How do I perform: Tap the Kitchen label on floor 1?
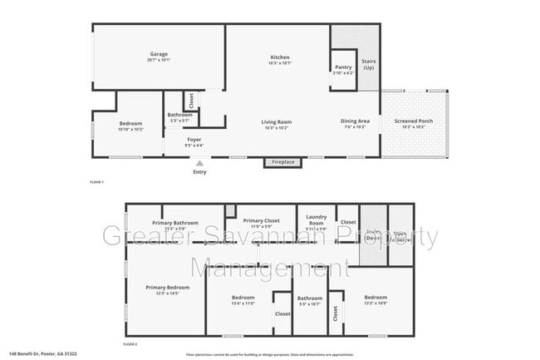coord(279,57)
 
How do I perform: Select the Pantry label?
coord(343,67)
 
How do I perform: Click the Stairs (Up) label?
coord(368,64)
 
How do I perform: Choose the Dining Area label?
coord(355,122)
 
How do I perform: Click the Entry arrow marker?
coord(199,164)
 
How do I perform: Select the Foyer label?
coord(194,139)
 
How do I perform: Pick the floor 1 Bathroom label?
coord(179,115)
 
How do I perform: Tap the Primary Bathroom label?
coord(175,222)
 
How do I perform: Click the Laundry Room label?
coord(317,219)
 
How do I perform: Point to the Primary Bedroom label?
coord(168,288)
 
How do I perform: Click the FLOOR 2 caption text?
coord(130,343)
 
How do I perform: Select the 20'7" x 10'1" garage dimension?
coord(159,60)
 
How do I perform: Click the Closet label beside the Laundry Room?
coord(348,222)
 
